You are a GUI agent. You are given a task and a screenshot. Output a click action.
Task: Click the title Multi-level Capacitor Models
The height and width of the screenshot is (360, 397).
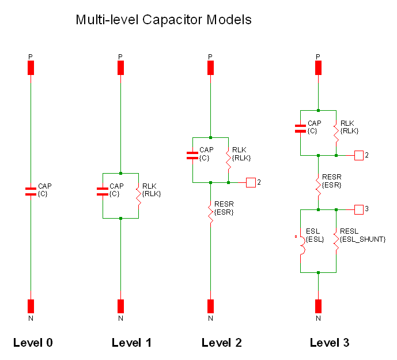(x=164, y=20)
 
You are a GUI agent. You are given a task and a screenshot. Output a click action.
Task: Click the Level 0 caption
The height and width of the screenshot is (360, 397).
(x=33, y=343)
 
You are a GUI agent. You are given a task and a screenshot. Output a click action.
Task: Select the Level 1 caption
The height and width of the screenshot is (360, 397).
(x=131, y=343)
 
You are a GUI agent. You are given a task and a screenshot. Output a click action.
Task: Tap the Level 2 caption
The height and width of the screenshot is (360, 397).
(x=222, y=343)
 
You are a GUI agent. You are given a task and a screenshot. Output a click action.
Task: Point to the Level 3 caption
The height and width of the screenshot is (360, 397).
(x=330, y=343)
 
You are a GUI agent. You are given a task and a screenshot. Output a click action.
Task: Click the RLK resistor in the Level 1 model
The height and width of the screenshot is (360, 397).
(x=138, y=195)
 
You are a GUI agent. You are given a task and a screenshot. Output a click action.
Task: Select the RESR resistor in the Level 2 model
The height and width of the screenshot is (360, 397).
(x=210, y=212)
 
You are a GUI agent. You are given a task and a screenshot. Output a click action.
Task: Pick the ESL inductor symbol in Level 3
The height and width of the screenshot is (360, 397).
(x=300, y=242)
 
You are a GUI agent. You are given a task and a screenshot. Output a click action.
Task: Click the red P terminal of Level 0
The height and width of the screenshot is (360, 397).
(x=31, y=67)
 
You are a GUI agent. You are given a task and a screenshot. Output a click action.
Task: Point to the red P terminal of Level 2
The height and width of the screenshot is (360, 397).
(x=210, y=67)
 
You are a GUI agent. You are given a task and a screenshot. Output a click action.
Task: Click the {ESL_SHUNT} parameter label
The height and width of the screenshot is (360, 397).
(x=362, y=239)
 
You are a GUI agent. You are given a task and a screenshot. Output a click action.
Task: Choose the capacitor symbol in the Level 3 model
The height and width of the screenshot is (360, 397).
(x=300, y=127)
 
